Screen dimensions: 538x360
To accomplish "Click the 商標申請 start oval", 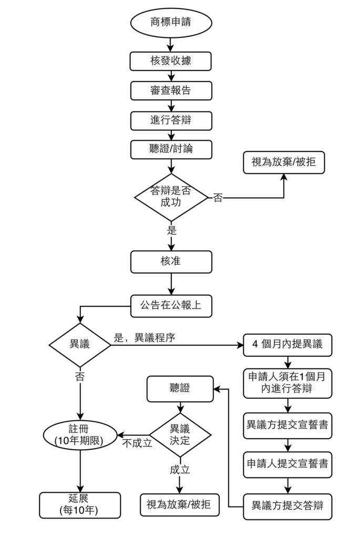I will [171, 24].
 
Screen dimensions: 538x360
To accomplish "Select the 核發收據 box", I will [171, 61].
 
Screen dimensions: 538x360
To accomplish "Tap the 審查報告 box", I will [171, 90].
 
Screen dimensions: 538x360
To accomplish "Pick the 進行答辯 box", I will [171, 120].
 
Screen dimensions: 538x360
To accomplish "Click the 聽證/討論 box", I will [171, 149].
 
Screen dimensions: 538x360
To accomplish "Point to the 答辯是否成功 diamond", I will [171, 197].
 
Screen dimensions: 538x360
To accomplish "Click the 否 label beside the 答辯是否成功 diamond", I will [218, 199].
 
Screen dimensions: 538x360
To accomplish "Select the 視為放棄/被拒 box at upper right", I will [284, 163].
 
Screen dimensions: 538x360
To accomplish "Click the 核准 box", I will [171, 261].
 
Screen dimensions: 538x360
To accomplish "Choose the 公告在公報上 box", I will [171, 305].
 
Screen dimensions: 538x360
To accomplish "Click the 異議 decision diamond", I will [80, 345].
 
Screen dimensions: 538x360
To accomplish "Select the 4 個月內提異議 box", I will [287, 345].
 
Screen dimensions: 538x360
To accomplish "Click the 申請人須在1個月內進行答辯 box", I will [287, 384].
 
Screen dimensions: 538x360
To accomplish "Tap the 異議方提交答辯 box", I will [287, 506].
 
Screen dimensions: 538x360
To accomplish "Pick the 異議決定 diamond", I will [180, 434].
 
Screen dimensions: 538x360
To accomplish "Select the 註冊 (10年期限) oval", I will [79, 436].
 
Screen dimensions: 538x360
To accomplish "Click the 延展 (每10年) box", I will [80, 505].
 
